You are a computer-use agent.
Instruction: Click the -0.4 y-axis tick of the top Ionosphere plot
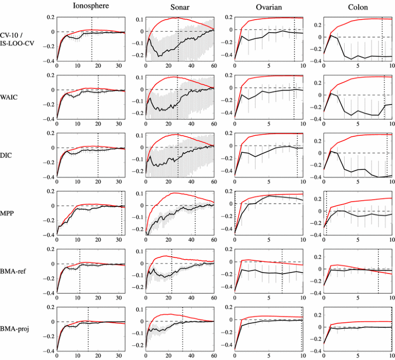pos(50,61)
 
